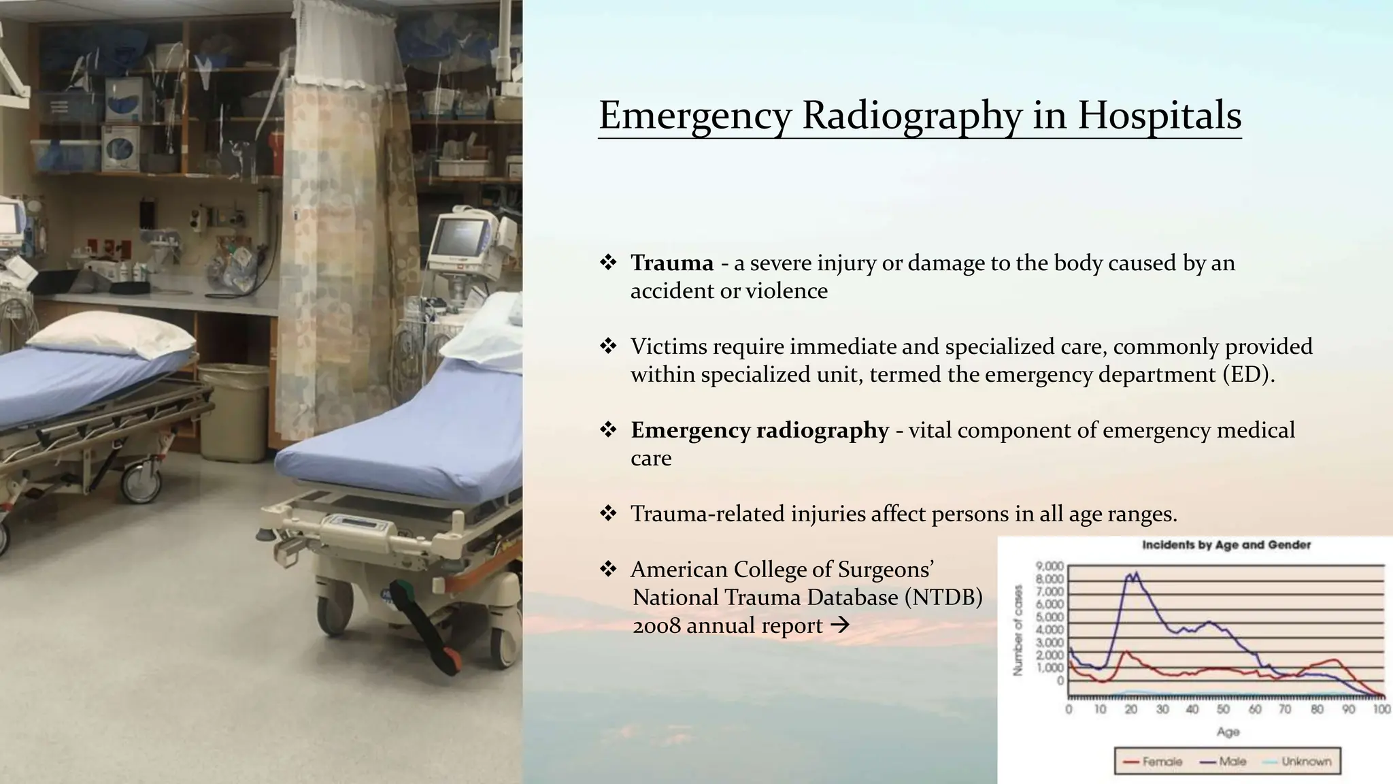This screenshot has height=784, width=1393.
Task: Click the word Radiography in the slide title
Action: tap(911, 115)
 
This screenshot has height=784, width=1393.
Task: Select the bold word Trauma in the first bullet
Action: tap(671, 263)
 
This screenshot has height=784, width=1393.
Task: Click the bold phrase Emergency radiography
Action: tap(759, 430)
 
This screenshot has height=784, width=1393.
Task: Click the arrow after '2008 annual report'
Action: tap(841, 625)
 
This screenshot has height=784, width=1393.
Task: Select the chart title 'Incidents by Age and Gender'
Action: tap(1226, 545)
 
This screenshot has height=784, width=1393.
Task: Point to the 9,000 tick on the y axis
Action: tap(1049, 566)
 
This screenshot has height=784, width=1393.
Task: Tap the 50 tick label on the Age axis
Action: tap(1223, 710)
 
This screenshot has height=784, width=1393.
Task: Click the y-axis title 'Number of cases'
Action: tap(1018, 630)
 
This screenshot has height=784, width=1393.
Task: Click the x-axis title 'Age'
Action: tap(1228, 732)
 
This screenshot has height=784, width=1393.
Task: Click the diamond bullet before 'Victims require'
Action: tap(607, 346)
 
